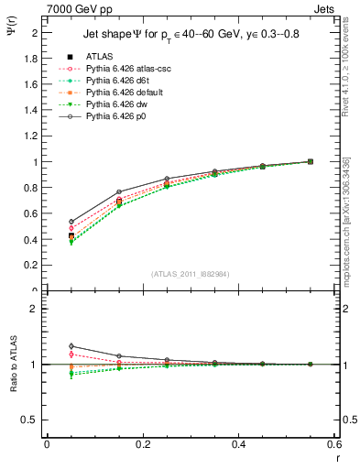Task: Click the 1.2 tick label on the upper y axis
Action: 33,136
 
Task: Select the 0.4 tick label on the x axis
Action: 238,444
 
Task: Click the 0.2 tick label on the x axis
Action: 142,444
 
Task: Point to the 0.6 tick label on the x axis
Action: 333,444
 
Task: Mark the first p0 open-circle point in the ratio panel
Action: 71,346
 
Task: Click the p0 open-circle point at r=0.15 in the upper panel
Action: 119,191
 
